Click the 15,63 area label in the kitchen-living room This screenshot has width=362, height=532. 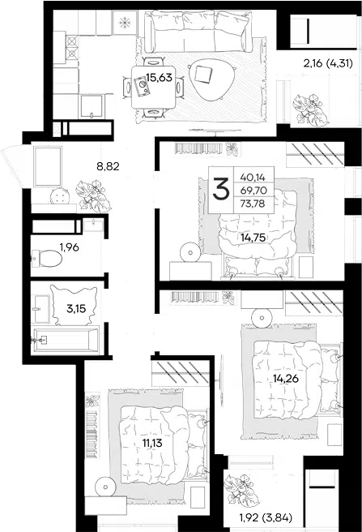coord(159,78)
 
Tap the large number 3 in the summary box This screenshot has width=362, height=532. coord(221,190)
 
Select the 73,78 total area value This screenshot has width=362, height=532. coord(253,204)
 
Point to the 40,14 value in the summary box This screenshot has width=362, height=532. coord(253,177)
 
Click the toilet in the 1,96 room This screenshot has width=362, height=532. coord(47,259)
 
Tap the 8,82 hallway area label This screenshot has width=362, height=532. coord(108,166)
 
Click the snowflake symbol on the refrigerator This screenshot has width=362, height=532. coord(125,23)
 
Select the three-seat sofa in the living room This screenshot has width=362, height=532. coord(198,32)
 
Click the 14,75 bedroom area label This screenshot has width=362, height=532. coord(253,238)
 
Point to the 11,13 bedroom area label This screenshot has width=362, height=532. coord(152,443)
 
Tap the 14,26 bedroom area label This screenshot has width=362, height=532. coord(286,378)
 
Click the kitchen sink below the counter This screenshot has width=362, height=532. coord(91,106)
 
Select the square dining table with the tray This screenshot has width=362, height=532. coord(153,88)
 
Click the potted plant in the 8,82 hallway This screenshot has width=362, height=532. coord(94,195)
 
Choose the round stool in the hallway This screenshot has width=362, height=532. coord(60,196)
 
